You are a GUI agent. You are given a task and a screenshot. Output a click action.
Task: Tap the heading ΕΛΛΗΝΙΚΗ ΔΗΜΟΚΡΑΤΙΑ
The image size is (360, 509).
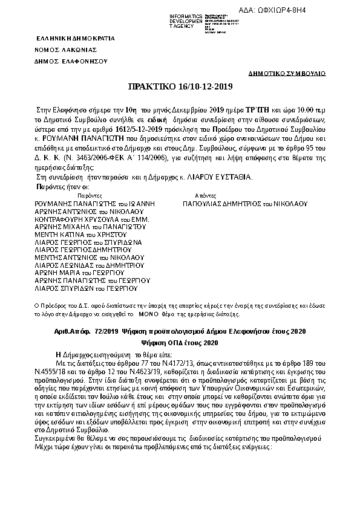tap(66, 37)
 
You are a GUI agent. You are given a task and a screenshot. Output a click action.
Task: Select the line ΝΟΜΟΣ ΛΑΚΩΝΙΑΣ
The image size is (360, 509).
tap(65, 50)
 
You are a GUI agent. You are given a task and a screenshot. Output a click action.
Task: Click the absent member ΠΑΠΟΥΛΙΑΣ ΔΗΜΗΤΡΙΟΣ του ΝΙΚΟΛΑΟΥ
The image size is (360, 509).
tap(245, 204)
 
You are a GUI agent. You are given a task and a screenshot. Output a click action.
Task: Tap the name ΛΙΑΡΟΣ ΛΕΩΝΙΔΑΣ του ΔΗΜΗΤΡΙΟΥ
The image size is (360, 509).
tap(90, 265)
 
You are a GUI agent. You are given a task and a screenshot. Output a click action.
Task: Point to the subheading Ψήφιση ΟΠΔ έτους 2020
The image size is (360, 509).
tap(180, 343)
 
